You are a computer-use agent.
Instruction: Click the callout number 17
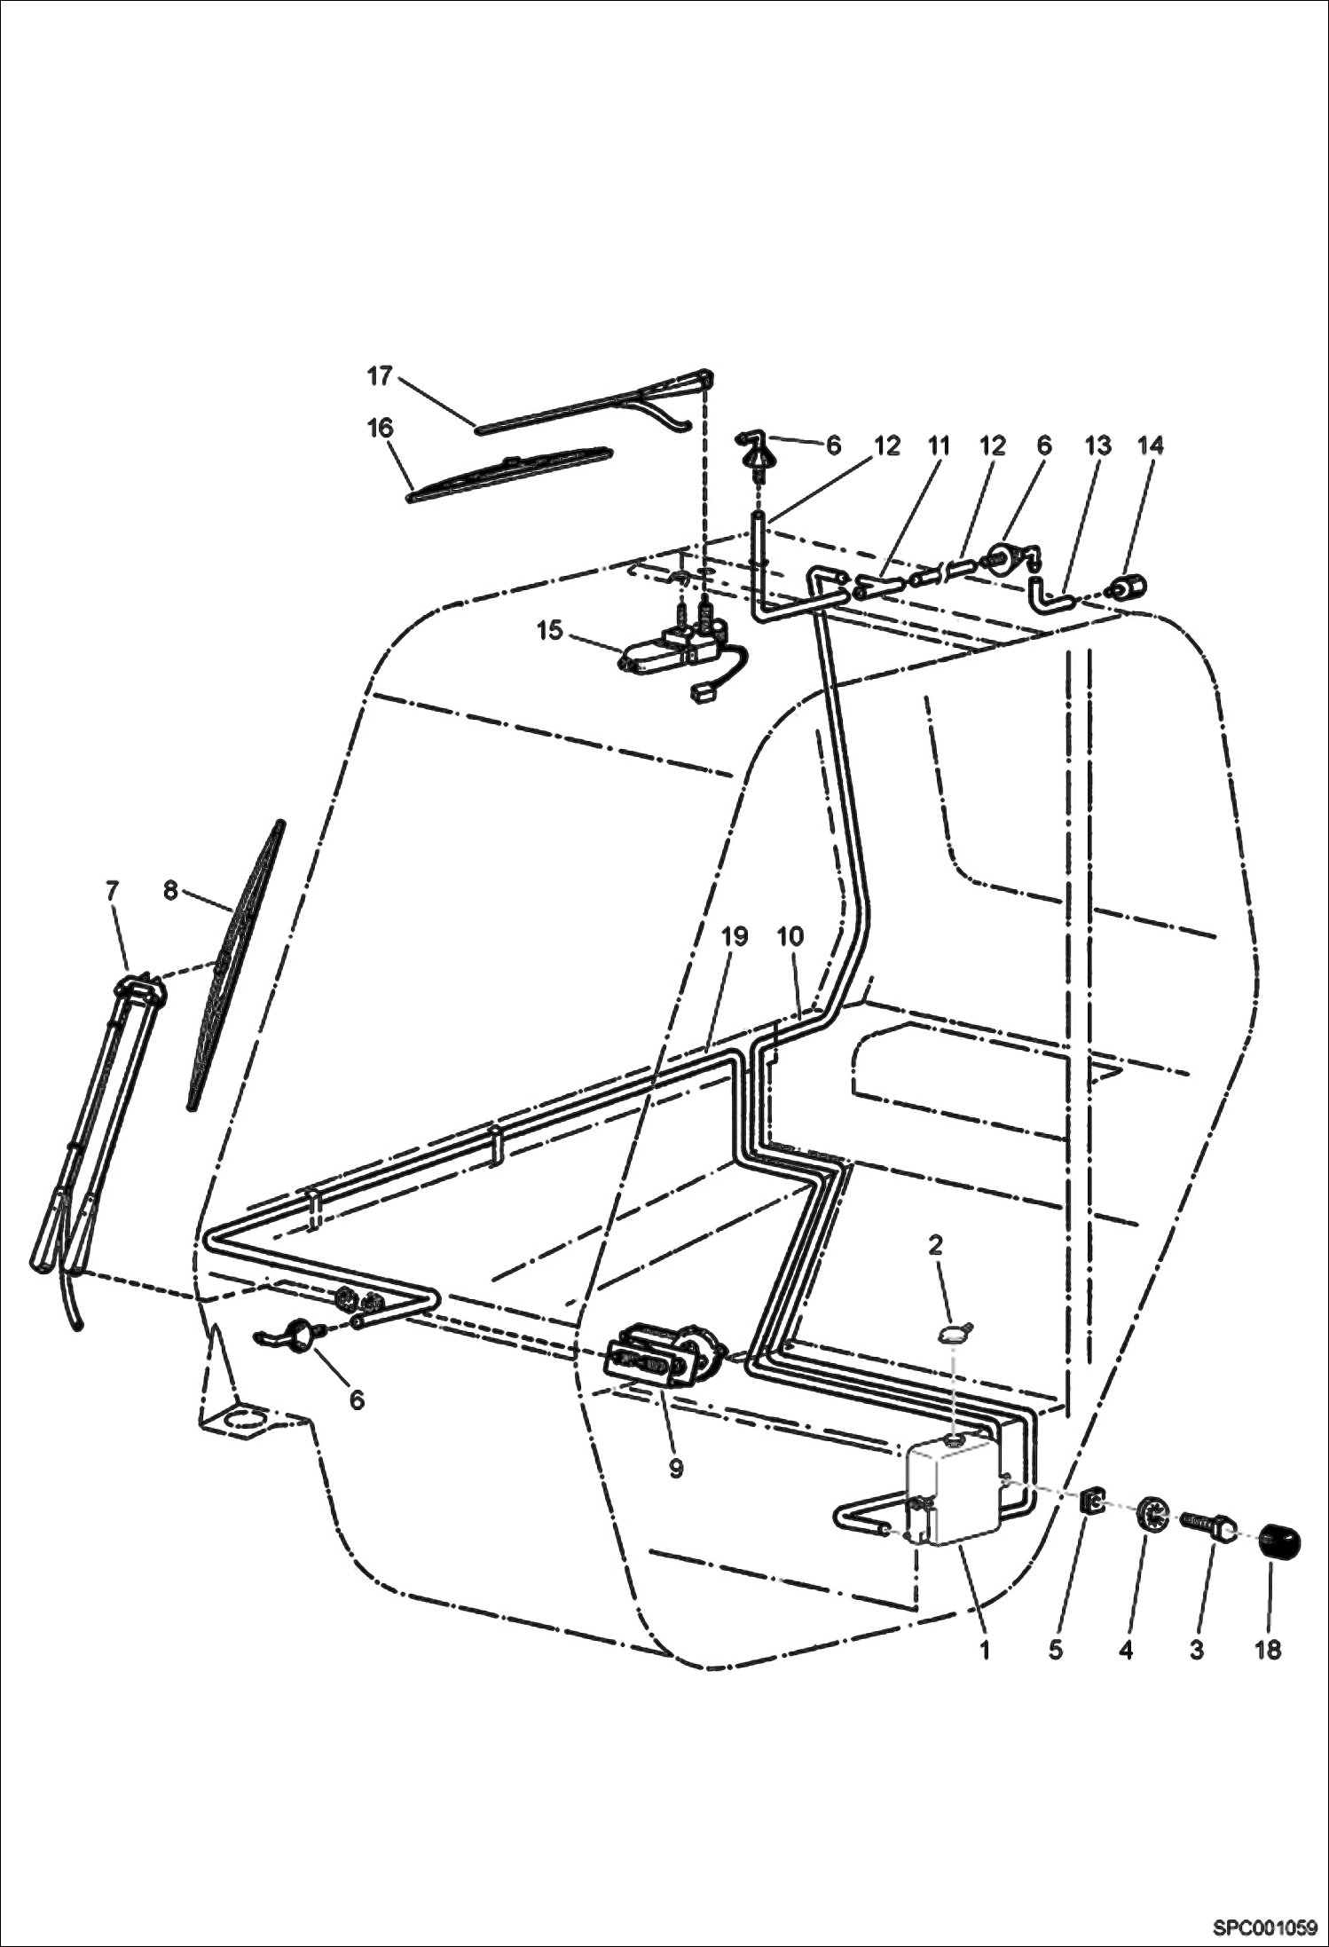380,376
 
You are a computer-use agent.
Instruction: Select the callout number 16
380,428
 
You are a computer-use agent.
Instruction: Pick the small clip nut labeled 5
1092,1502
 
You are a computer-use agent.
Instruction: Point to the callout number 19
735,936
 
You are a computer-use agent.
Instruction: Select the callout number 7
112,890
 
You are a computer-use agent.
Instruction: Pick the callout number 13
1098,445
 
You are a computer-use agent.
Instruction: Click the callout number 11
939,445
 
